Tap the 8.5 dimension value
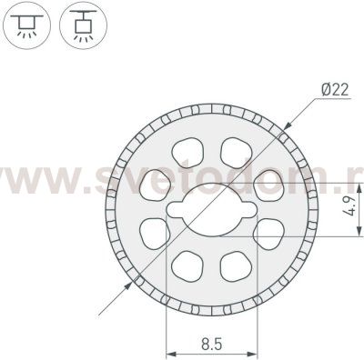(208, 345)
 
